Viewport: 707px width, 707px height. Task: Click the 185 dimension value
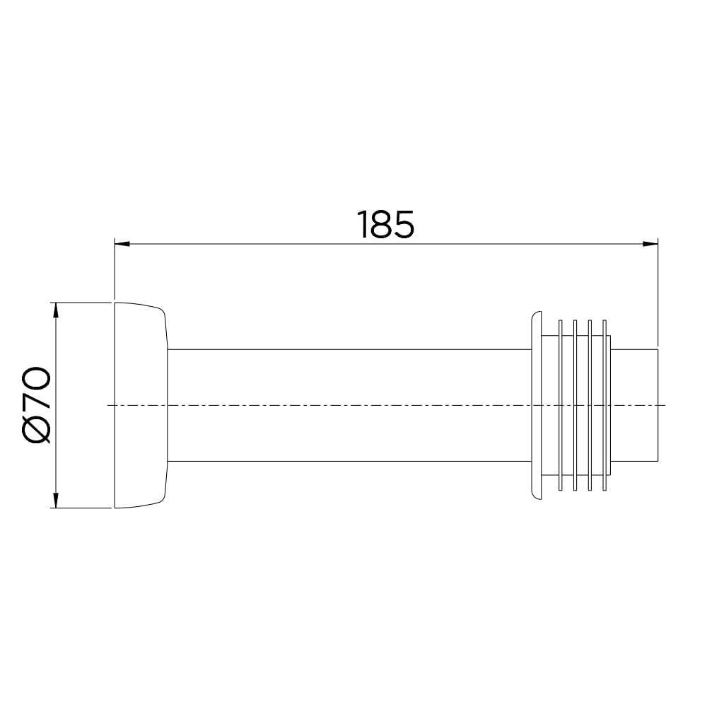(x=385, y=225)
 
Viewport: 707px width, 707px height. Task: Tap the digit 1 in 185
(x=364, y=225)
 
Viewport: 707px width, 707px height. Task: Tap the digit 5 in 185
(x=403, y=225)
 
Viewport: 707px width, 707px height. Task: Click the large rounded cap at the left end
(x=139, y=404)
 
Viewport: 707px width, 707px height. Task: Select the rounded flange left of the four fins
(x=535, y=404)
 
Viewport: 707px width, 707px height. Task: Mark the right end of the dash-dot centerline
(x=665, y=405)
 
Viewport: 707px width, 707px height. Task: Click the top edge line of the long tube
(x=346, y=349)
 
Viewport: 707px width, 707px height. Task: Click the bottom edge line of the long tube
(x=346, y=461)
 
